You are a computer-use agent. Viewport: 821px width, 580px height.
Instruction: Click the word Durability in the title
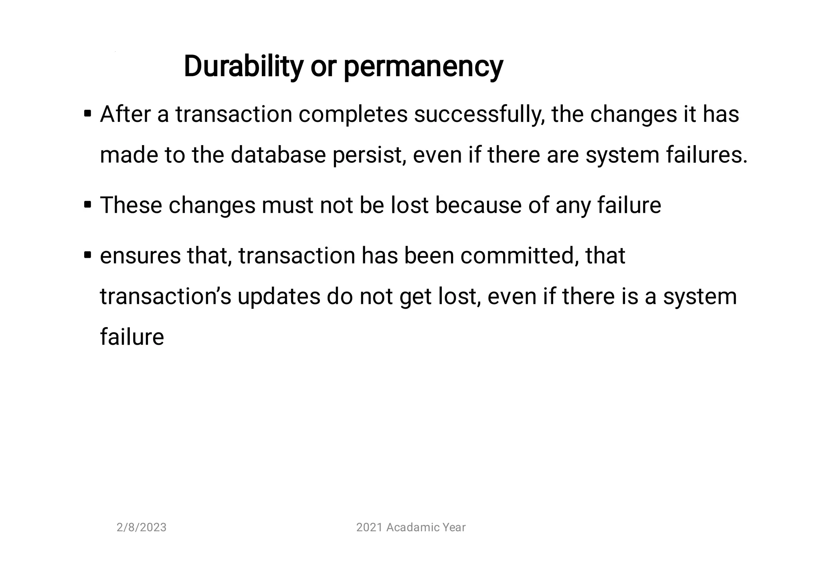(243, 66)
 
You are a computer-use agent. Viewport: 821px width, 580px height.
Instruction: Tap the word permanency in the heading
(423, 67)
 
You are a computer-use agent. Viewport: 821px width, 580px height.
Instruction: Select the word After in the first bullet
(125, 114)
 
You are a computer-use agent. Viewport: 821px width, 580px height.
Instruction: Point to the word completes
(353, 115)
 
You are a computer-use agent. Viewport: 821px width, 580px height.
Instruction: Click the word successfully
(479, 115)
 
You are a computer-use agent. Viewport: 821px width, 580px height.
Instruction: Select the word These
(131, 205)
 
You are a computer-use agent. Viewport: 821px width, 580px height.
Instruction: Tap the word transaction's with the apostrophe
(166, 297)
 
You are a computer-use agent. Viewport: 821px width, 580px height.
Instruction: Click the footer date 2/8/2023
(142, 527)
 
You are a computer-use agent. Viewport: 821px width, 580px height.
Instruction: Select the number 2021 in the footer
(369, 527)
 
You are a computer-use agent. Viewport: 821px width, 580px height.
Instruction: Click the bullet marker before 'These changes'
(88, 205)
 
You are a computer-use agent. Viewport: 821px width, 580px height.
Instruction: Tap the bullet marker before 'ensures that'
(88, 255)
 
